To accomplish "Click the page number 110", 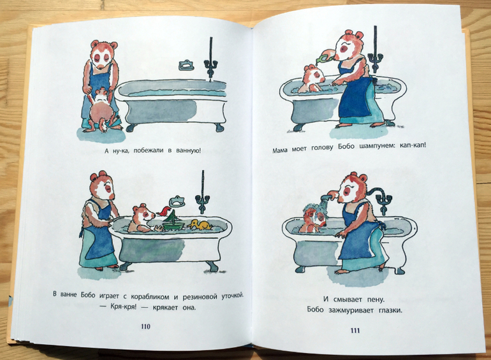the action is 145,326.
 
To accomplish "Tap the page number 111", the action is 355,331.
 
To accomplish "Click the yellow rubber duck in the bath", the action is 200,225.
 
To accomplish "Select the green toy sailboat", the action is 172,221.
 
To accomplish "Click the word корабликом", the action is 150,297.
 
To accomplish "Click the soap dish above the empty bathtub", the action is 186,65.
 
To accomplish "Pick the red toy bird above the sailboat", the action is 163,212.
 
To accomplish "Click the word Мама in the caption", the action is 280,150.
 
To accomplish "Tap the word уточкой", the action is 233,296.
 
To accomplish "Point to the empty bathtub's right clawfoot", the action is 219,127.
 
